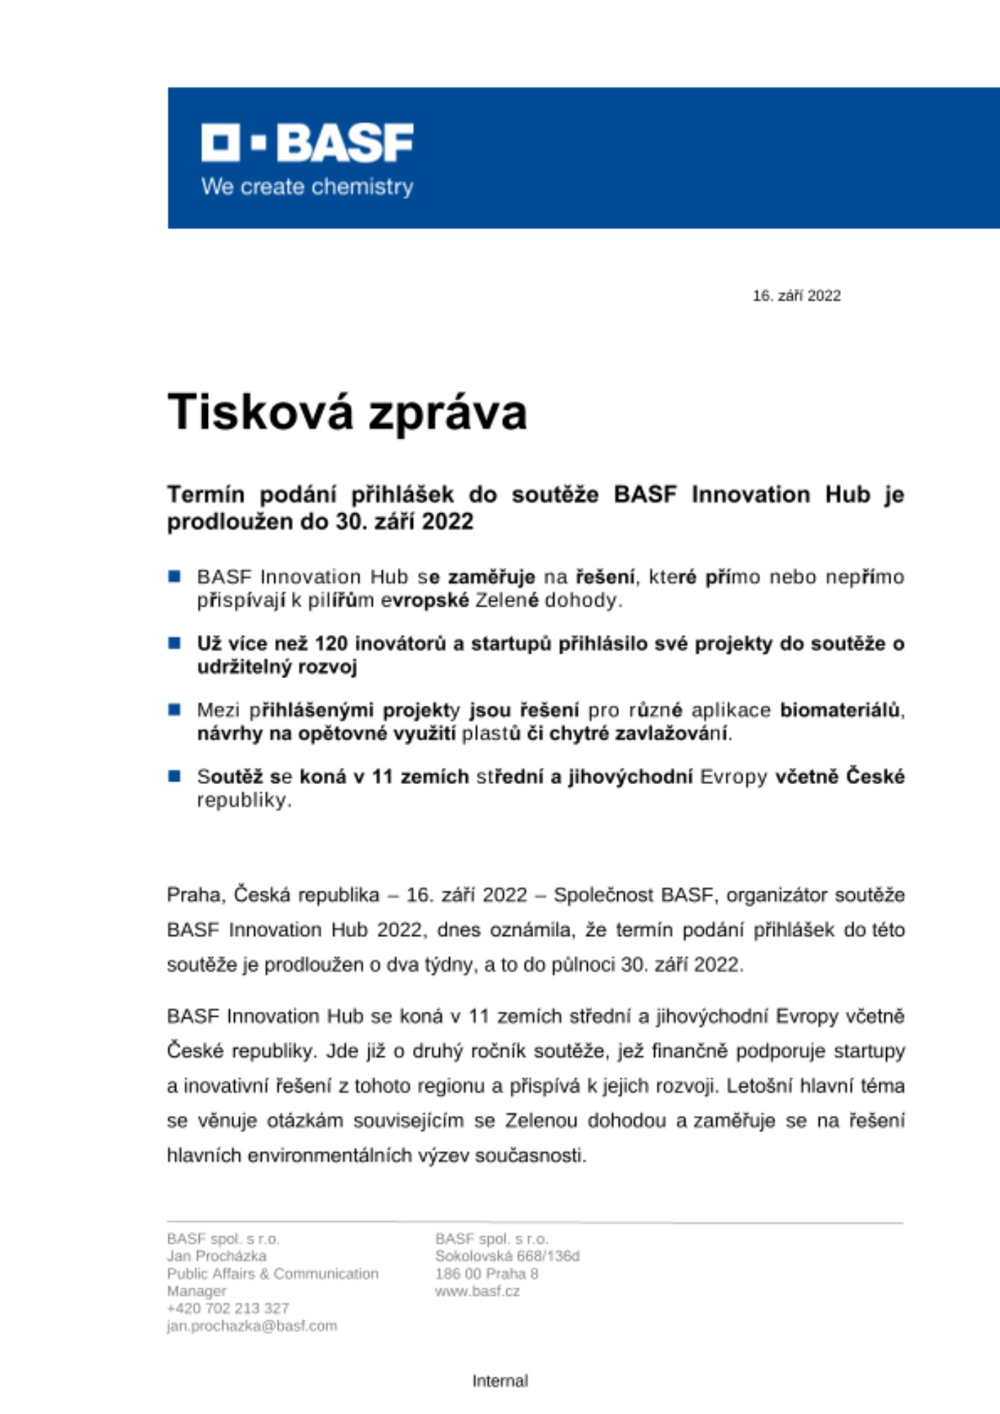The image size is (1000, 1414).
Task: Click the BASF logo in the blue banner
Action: click(307, 143)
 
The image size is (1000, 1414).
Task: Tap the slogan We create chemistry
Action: click(307, 187)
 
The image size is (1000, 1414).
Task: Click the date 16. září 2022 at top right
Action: click(796, 296)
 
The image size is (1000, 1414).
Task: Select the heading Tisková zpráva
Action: click(347, 412)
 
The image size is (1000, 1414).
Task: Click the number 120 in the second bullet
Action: click(330, 644)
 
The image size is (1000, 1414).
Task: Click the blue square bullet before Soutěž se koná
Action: click(175, 776)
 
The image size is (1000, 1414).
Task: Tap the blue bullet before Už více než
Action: click(175, 643)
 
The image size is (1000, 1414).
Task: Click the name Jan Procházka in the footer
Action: click(216, 1256)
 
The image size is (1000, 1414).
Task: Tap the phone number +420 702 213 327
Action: click(228, 1309)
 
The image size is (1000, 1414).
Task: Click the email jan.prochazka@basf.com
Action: click(252, 1326)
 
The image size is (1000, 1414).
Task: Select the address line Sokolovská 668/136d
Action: click(507, 1256)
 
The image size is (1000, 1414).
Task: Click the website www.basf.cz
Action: click(477, 1292)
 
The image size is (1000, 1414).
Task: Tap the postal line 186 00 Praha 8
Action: click(487, 1274)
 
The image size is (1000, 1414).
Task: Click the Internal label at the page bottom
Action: click(500, 1381)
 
